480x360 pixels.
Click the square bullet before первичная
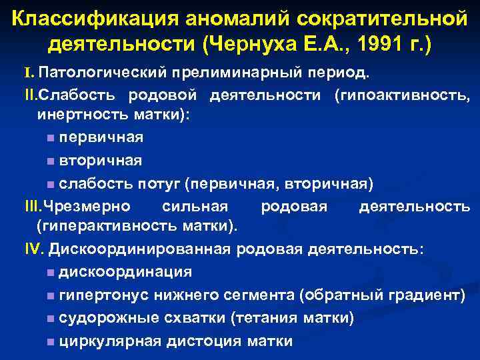coord(51,138)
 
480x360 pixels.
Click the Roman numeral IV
coord(33,249)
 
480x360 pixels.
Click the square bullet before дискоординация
coord(51,273)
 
